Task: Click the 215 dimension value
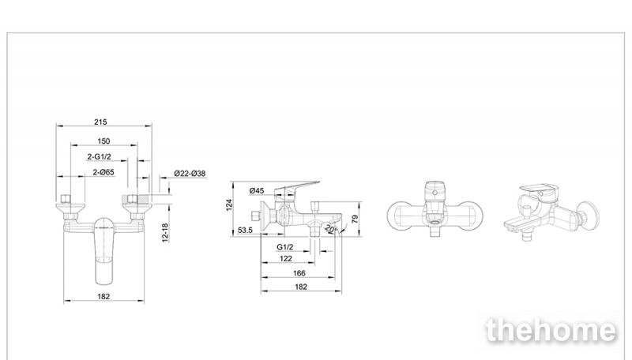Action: pyautogui.click(x=100, y=122)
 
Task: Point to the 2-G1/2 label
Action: pyautogui.click(x=100, y=156)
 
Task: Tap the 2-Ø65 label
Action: pyautogui.click(x=103, y=172)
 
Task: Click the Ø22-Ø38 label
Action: pyautogui.click(x=190, y=174)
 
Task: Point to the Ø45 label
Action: pyautogui.click(x=256, y=190)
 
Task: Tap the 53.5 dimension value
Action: pyautogui.click(x=244, y=231)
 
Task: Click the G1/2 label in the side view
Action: pyautogui.click(x=286, y=247)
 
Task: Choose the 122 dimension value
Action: pyautogui.click(x=285, y=259)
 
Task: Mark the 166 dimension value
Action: pyautogui.click(x=299, y=273)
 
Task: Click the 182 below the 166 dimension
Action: pyautogui.click(x=300, y=287)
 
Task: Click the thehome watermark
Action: pyautogui.click(x=551, y=330)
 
